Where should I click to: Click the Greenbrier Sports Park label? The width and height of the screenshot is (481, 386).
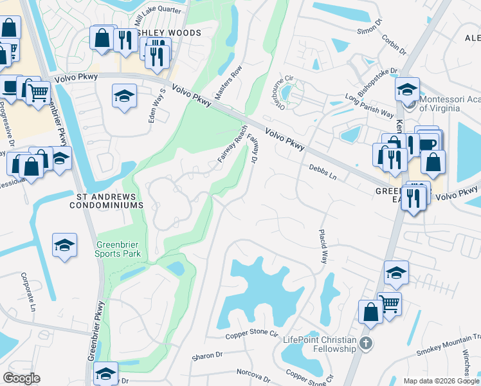[x=118, y=249]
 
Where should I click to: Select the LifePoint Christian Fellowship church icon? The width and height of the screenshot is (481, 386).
[x=366, y=342]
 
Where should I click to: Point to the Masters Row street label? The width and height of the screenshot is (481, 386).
[x=228, y=82]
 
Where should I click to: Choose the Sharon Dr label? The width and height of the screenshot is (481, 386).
[x=207, y=354]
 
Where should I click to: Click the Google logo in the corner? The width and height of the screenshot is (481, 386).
[x=21, y=378]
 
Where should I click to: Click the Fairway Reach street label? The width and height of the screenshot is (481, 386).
[x=232, y=145]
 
